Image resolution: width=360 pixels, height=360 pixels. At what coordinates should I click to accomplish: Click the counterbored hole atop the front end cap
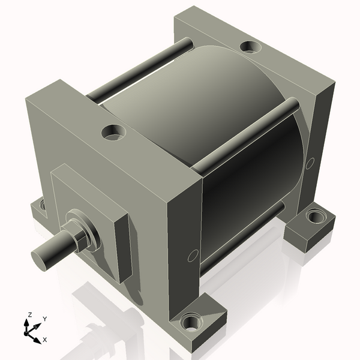pos(113,131)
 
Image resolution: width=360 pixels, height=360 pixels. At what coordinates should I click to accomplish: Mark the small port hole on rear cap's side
pos(310,163)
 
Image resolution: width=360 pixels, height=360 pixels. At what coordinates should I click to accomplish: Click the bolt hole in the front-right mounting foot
pos(191,323)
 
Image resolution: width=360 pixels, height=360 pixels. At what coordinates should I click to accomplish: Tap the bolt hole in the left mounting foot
pos(43,205)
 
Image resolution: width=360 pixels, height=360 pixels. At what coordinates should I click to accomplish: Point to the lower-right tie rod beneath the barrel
pos(240,240)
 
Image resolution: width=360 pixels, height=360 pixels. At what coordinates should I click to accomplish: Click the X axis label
pos(44,340)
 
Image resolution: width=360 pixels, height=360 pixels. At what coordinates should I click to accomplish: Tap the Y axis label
pos(44,319)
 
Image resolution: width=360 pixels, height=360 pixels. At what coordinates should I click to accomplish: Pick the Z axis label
pos(29,314)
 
